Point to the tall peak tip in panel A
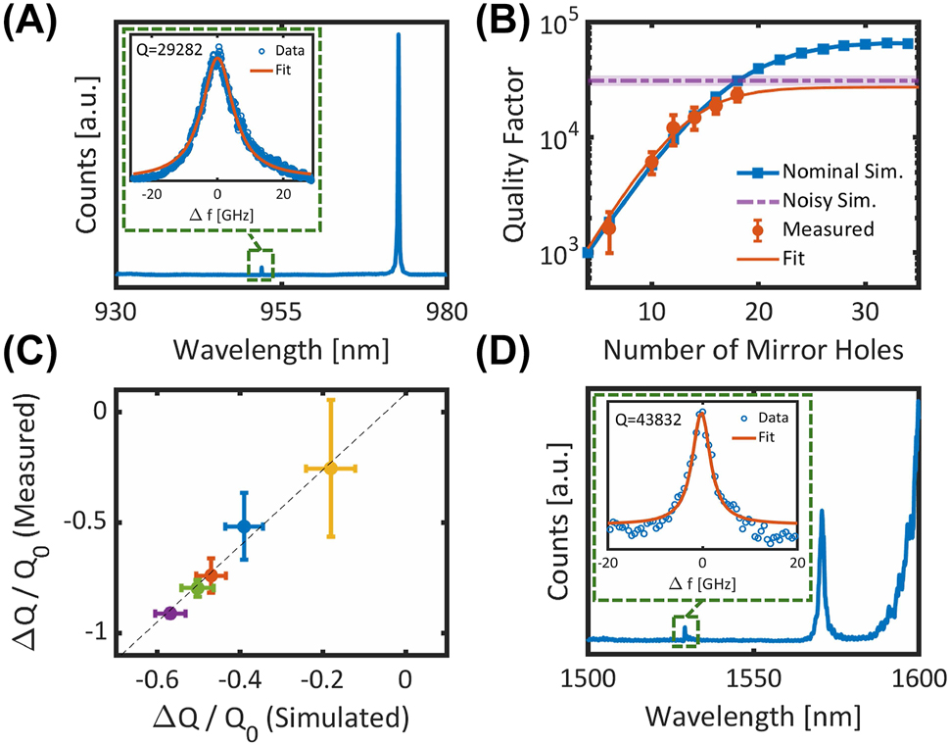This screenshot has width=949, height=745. click(x=398, y=36)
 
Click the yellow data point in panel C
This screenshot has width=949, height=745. click(x=331, y=469)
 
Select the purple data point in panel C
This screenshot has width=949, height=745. click(x=170, y=613)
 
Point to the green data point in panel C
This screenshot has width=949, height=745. click(x=198, y=588)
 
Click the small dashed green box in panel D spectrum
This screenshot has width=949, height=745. click(x=685, y=630)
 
